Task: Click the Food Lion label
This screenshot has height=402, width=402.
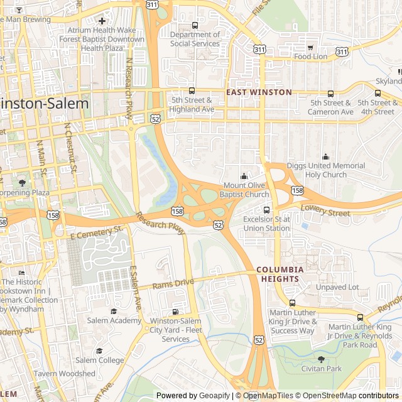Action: click(311, 57)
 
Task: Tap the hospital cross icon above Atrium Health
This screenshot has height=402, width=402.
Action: click(102, 21)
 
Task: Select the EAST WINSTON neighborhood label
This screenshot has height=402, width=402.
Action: click(259, 92)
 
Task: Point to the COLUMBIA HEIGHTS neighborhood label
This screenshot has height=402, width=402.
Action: click(280, 274)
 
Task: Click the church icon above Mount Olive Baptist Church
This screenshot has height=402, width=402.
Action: click(244, 177)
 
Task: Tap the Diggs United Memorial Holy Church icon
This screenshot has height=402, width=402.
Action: click(325, 157)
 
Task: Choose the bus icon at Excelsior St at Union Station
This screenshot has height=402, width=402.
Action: click(267, 210)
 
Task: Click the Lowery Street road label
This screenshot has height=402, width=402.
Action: click(325, 210)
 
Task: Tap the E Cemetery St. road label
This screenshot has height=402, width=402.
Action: click(97, 232)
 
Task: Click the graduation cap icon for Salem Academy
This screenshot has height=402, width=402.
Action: click(114, 311)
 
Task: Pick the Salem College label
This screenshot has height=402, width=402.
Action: click(99, 360)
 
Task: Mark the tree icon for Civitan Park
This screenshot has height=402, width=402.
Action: click(321, 359)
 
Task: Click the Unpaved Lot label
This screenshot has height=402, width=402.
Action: click(337, 287)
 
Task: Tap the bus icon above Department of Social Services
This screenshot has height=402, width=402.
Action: click(195, 26)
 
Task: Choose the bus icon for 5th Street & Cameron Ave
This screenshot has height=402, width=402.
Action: click(330, 94)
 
